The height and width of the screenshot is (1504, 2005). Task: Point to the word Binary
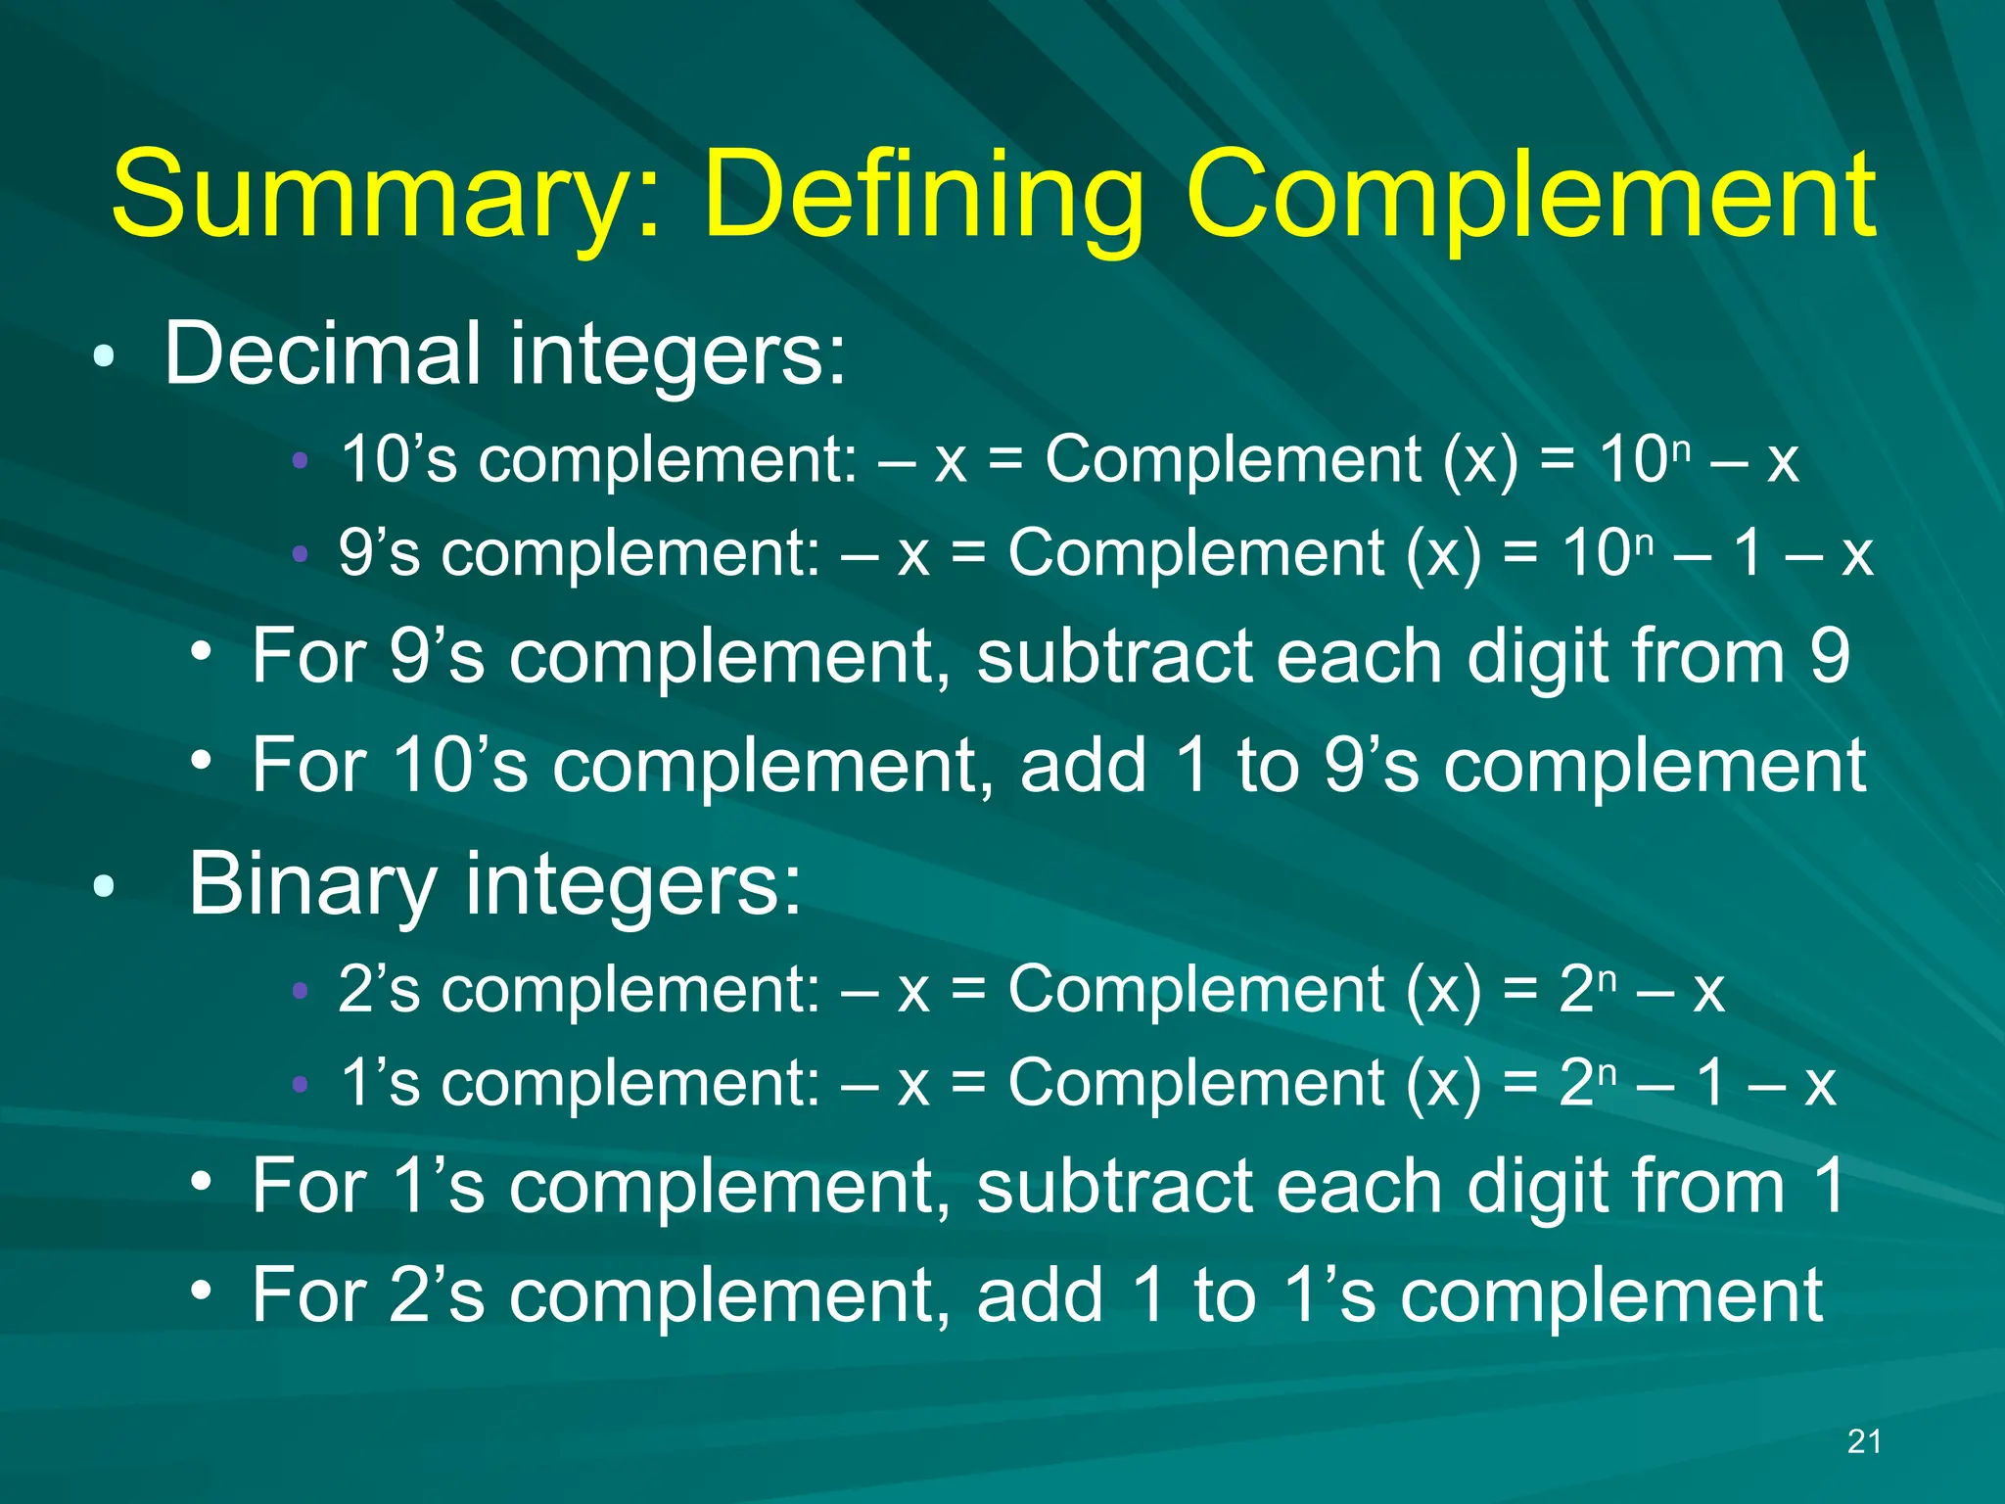(312, 884)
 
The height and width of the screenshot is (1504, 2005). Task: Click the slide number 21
(1864, 1441)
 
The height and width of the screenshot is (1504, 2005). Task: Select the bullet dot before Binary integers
(104, 887)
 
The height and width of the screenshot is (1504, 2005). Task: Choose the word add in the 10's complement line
(1083, 766)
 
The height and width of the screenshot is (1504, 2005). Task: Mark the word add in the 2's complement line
(1040, 1295)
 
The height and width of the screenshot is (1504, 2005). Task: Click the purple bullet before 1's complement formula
(301, 1084)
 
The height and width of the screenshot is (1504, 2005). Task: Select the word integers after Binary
(632, 884)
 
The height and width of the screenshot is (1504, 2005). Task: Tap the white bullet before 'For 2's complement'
(202, 1290)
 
